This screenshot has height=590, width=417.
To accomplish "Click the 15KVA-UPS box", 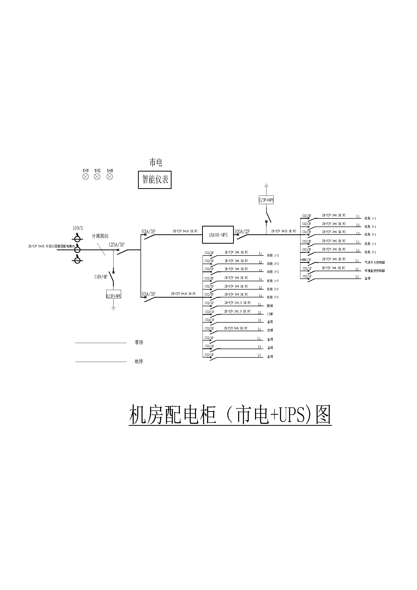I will pos(218,235).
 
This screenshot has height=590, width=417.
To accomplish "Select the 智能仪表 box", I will pos(155,180).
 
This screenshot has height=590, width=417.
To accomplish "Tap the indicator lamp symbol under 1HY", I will pos(86,177).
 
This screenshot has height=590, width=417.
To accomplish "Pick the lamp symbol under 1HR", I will pos(110,177).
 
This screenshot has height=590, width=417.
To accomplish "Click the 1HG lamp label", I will pos(97,171).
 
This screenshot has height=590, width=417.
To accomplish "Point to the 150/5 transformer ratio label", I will pos(78,228).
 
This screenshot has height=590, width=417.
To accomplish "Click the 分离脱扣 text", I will pos(100,236).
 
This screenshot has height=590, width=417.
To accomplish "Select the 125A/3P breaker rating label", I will pos(116,245).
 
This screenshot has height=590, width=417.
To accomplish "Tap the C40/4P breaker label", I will pos(101,277).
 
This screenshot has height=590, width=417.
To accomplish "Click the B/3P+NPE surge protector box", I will pos(114,296).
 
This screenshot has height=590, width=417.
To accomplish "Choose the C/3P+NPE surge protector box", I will pos(266,200).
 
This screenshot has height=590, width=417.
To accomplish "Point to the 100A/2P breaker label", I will pos(242,232).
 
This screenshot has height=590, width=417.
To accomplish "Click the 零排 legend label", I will pos(139,343).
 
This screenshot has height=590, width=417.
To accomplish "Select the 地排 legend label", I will pos(139,361).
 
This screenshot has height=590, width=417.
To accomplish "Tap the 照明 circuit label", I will pos(270,306).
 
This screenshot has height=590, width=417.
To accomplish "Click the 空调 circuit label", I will pos(270,330).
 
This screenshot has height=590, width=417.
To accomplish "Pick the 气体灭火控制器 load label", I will pos(375,262).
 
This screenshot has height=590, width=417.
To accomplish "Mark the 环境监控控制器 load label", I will pos(375,271).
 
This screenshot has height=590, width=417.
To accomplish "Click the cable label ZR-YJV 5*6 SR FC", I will pos(236,328).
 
